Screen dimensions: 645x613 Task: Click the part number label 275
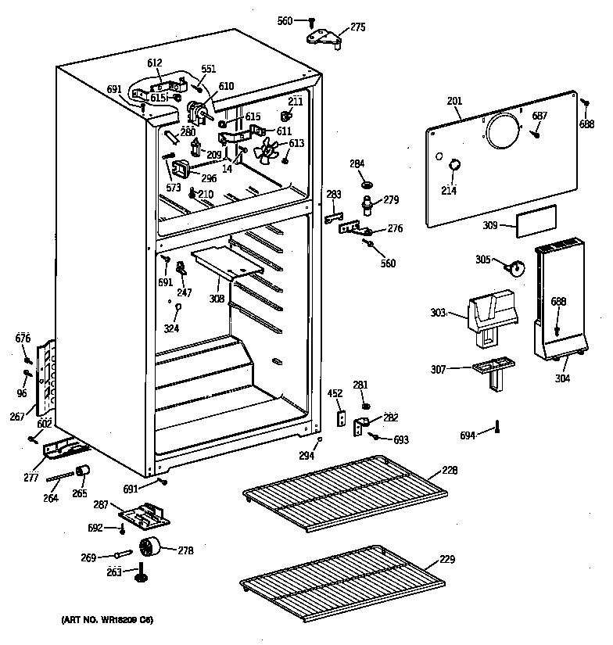pos(357,27)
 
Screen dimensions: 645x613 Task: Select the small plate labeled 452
pos(340,419)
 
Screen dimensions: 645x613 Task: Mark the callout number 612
pos(154,63)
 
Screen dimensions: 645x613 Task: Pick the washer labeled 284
pos(365,185)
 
